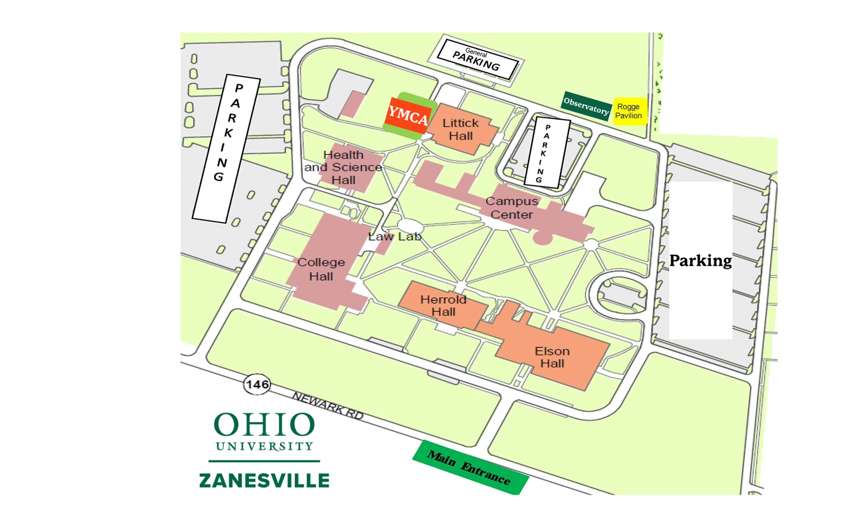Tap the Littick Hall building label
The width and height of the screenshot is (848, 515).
tap(461, 129)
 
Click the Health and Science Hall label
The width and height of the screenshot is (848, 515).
tap(344, 167)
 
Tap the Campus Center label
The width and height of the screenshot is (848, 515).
tap(512, 208)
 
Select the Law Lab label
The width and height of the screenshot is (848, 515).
tap(395, 237)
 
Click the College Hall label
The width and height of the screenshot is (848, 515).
tap(321, 269)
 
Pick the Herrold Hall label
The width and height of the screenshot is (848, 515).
tap(443, 306)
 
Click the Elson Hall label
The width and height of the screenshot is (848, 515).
tap(552, 357)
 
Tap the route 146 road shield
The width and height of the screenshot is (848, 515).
tap(257, 384)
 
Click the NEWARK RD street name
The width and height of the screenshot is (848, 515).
tap(328, 406)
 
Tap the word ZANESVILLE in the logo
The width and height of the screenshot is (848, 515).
tap(264, 481)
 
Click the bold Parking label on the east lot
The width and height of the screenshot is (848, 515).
tap(701, 261)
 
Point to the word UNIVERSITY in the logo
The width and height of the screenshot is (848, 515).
tap(264, 446)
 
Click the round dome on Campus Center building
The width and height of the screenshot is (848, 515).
tap(543, 238)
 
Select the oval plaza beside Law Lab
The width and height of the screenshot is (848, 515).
tap(410, 227)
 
